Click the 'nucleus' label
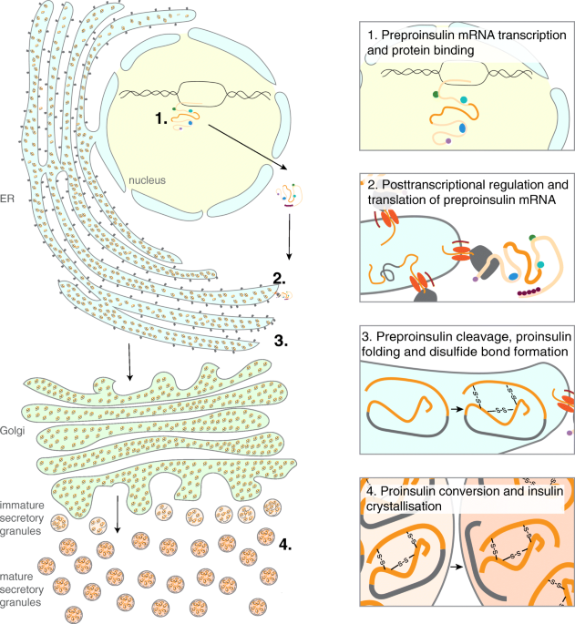click(147, 180)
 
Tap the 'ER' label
click(6, 199)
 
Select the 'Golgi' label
click(13, 431)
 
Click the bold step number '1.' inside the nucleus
click(161, 118)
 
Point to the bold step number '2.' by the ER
click(280, 278)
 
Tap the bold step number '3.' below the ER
click(282, 341)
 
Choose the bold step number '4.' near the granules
click(285, 544)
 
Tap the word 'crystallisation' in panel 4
click(404, 506)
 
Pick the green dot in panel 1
click(436, 95)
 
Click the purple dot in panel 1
click(448, 141)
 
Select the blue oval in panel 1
click(462, 128)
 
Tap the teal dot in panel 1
click(464, 99)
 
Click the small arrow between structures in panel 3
click(457, 409)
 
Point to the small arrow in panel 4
click(458, 567)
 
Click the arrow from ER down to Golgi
click(129, 363)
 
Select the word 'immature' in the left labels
click(22, 506)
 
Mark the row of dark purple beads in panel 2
click(529, 292)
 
